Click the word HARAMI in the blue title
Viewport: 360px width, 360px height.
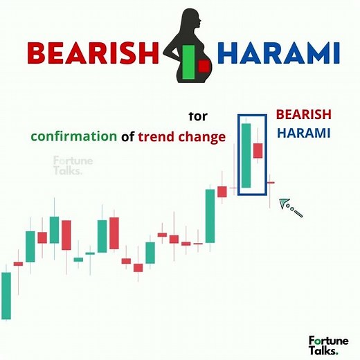click(x=278, y=51)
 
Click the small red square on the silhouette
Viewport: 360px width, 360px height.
click(x=204, y=66)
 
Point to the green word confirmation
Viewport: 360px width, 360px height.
click(x=73, y=136)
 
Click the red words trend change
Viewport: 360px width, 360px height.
click(x=182, y=136)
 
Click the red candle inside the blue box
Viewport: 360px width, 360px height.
click(x=258, y=150)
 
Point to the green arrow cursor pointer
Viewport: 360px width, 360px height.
click(x=285, y=203)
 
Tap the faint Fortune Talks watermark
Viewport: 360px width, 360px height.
click(x=67, y=167)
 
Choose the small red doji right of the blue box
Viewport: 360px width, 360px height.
click(x=271, y=183)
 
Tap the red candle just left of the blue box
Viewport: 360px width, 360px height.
click(x=222, y=192)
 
